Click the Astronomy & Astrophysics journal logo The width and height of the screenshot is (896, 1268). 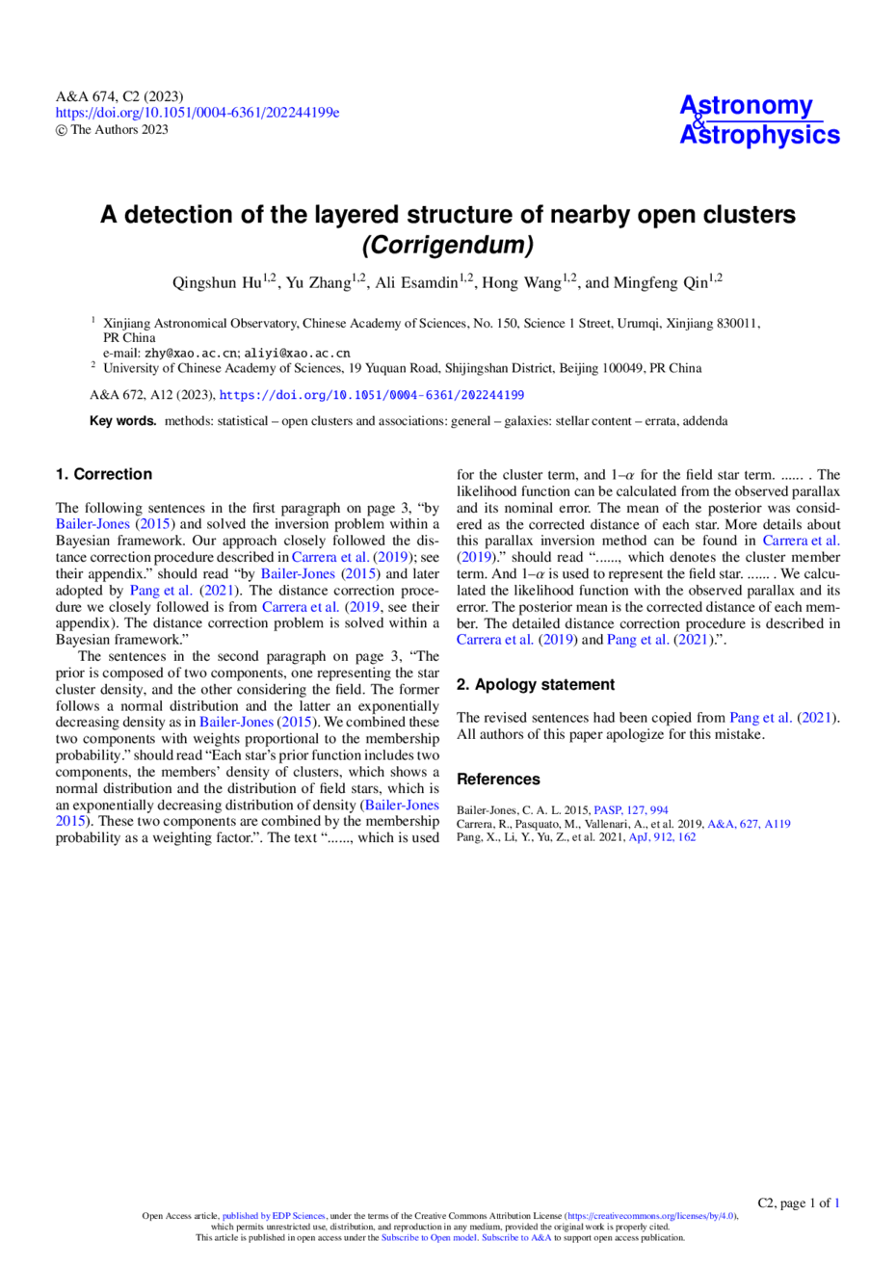pos(759,120)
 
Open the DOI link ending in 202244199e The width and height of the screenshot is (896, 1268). pos(198,113)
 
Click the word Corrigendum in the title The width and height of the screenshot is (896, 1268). pos(448,245)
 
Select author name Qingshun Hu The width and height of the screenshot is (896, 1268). pos(222,282)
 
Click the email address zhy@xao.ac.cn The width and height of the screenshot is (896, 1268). pos(191,354)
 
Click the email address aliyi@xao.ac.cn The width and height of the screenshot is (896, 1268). pos(297,354)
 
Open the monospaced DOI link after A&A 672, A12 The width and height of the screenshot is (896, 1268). pos(371,395)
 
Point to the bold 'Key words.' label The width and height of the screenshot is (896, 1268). pos(122,421)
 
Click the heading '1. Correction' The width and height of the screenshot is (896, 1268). pos(104,474)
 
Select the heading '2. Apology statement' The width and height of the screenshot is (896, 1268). pos(536,684)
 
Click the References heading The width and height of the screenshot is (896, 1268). pos(498,779)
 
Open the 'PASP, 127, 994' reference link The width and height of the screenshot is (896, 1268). pos(630,810)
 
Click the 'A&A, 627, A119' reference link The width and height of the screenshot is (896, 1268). pos(749,824)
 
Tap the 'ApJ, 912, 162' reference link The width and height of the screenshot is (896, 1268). pos(662,837)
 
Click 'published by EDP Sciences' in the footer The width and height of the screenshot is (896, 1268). pos(274,1215)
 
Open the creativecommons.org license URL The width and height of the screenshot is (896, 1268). pos(650,1215)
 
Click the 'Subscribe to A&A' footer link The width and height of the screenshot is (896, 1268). pos(516,1237)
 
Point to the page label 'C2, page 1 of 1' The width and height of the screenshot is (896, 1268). pos(799,1202)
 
